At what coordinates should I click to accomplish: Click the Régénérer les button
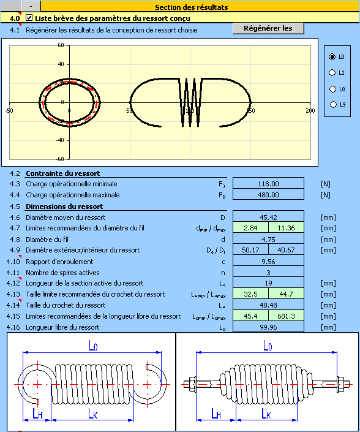click(x=268, y=28)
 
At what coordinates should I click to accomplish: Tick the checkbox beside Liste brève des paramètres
click(x=29, y=18)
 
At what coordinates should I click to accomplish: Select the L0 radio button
click(x=332, y=57)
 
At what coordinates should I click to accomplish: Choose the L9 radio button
click(x=333, y=104)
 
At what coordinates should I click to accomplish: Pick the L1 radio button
click(x=332, y=73)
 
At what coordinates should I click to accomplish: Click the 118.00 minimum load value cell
click(x=268, y=183)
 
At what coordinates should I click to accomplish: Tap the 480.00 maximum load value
click(x=268, y=194)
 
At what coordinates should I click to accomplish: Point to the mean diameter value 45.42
click(x=268, y=217)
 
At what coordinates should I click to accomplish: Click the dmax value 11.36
click(x=287, y=228)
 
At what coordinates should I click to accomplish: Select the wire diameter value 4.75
click(x=268, y=239)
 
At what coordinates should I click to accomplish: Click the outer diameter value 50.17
click(x=250, y=250)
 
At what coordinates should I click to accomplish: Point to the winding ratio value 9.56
click(x=268, y=261)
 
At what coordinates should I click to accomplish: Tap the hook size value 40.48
click(x=268, y=305)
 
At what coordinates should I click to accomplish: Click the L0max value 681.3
click(x=287, y=316)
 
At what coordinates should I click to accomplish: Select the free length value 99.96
click(x=268, y=327)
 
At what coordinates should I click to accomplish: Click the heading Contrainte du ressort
click(x=62, y=173)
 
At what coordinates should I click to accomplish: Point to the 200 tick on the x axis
click(x=310, y=110)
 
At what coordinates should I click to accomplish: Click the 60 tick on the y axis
click(x=61, y=45)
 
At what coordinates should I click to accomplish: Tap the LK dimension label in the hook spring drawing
click(x=93, y=413)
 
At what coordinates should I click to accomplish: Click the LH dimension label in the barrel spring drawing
click(x=216, y=413)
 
